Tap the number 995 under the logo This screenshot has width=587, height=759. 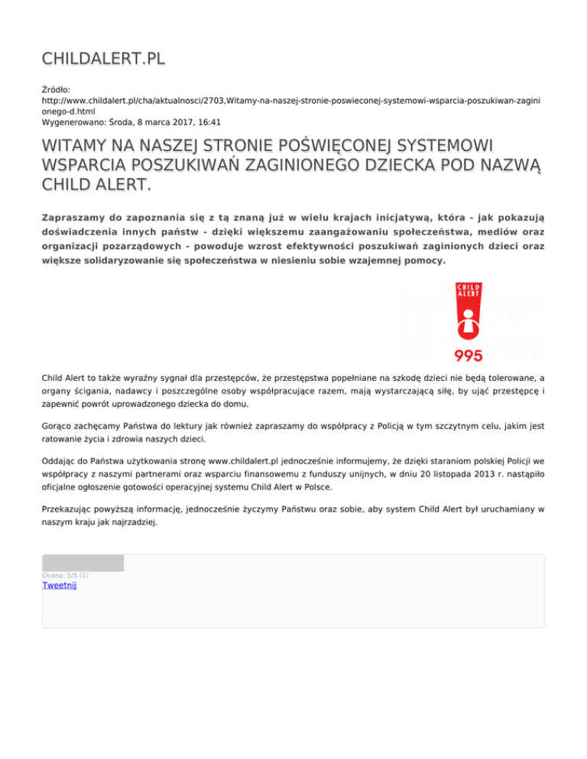(x=469, y=355)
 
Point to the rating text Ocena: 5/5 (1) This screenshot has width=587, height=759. (x=65, y=575)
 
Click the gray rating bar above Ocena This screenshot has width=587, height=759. (x=83, y=564)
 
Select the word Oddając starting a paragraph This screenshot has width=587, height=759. (x=60, y=461)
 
